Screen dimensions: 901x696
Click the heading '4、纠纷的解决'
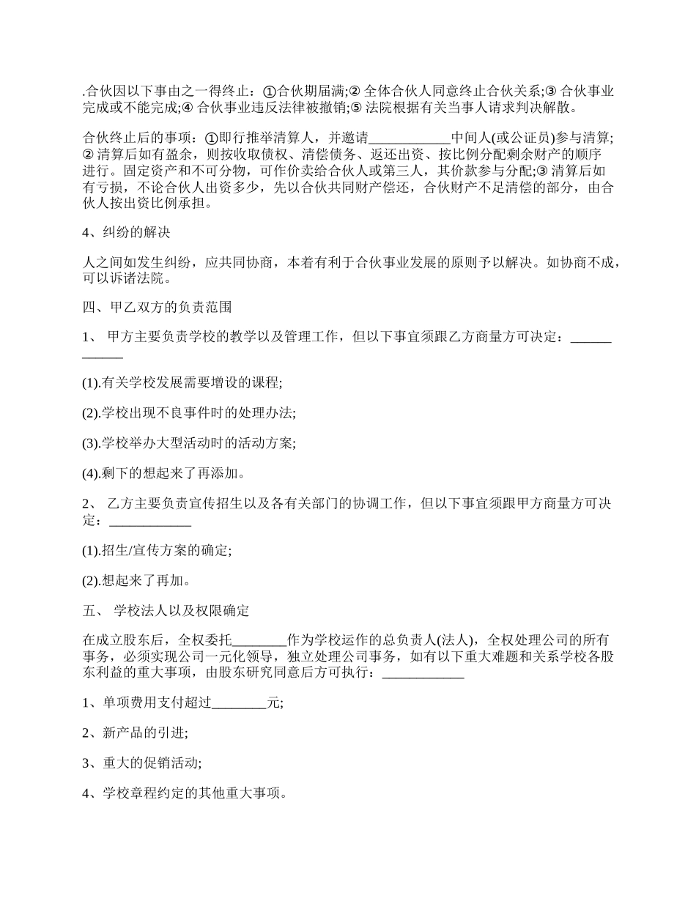click(x=126, y=233)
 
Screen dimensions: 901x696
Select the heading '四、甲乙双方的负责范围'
click(x=157, y=306)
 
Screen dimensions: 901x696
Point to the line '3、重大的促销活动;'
click(x=142, y=763)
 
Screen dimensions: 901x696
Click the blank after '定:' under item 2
click(x=150, y=522)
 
